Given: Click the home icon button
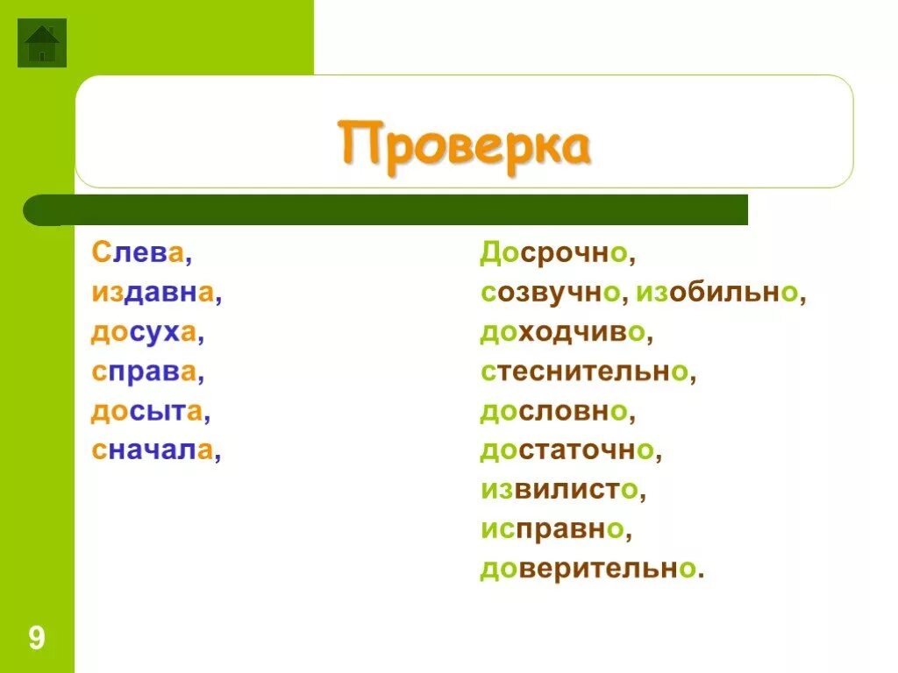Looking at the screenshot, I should [x=41, y=43].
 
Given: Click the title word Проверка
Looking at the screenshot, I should [x=464, y=145].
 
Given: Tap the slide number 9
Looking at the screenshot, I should [x=36, y=637].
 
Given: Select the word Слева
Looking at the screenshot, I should [x=138, y=253].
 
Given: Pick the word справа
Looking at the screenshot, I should [x=145, y=372].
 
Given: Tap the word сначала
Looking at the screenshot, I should [x=153, y=450].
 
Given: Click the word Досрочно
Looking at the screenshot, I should [x=553, y=253].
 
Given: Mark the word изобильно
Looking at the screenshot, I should [x=717, y=293].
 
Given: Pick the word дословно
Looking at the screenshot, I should [x=553, y=411].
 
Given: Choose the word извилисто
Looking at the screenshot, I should [x=559, y=490].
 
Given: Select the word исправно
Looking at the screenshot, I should [x=552, y=529].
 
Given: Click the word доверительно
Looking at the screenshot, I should [x=588, y=569].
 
